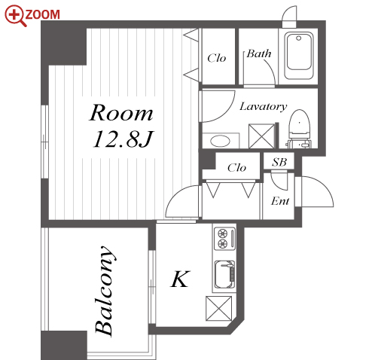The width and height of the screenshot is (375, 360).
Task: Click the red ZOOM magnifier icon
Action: pos(15,16)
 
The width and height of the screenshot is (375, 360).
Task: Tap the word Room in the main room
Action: pos(121,113)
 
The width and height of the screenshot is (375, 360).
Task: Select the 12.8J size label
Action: pos(123,139)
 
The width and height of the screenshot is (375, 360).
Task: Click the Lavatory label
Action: pos(263,106)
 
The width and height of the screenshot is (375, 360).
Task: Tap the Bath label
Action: pos(259,53)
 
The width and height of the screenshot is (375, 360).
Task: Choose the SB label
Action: pos(279,162)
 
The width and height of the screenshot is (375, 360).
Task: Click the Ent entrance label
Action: pos(280,201)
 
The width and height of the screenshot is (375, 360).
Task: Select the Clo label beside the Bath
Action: pos(217,58)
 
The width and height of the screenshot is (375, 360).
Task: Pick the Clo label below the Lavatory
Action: pos(236,167)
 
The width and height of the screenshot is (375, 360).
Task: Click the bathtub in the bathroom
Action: pos(299,55)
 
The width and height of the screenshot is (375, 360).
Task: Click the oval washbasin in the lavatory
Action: pos(220,141)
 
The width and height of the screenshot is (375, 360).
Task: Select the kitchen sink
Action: pos(225,275)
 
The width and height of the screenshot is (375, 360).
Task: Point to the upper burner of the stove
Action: pos(222,233)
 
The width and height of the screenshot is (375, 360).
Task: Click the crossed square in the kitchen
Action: pos(218,309)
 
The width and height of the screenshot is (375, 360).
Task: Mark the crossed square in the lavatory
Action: pos(261,136)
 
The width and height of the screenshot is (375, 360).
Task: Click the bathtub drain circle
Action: pos(298,38)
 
